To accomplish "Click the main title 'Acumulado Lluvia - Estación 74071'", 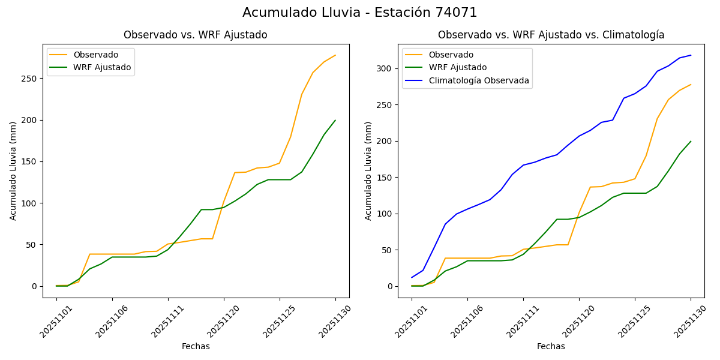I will click(x=360, y=13).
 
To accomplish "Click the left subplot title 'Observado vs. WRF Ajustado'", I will click(x=196, y=35).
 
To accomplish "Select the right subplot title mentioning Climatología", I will click(x=551, y=35).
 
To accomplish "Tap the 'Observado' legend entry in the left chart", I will click(x=95, y=55).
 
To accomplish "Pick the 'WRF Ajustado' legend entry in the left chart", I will click(x=102, y=67).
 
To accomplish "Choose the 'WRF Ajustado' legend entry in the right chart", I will click(x=457, y=67).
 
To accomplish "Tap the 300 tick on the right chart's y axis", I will click(x=386, y=68).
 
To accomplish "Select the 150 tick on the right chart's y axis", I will click(x=386, y=178).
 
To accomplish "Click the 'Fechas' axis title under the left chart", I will click(x=196, y=346).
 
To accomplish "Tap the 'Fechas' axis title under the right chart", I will click(x=551, y=346).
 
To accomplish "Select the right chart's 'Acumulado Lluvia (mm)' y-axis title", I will click(x=368, y=170).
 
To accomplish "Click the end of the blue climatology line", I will click(x=691, y=55).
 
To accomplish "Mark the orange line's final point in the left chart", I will click(x=335, y=55).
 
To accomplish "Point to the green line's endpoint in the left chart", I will click(x=335, y=120).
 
